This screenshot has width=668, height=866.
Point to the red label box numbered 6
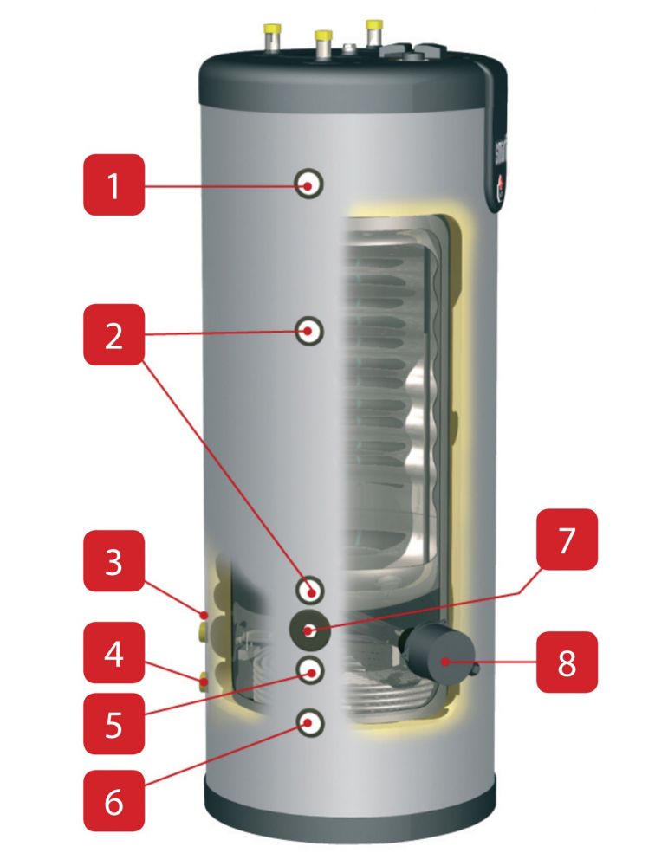point(113,798)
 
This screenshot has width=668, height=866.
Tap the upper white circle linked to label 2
point(309,330)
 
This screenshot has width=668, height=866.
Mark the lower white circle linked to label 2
point(309,591)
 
